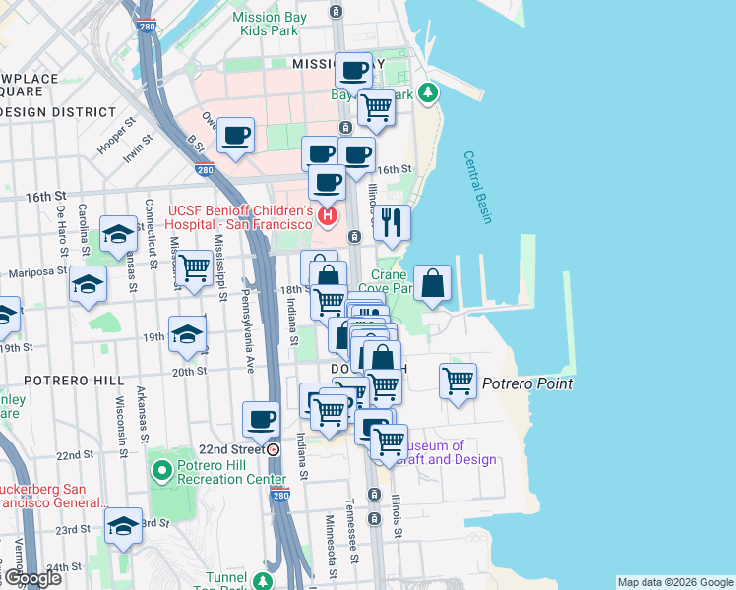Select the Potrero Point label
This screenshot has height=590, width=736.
coord(526,383)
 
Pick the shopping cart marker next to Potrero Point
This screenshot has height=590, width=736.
coord(458,380)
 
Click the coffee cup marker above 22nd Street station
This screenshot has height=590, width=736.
coord(262,419)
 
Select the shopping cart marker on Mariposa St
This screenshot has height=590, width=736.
coord(194,266)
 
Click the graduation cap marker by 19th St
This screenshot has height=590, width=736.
coord(187,334)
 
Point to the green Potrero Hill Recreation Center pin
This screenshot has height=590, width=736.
coord(163,471)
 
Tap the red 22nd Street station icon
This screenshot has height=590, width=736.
coord(274,449)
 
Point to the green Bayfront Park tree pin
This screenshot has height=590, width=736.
coord(427,94)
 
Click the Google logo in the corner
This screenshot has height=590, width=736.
coord(32,578)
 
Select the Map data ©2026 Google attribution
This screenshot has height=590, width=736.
coord(675,582)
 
